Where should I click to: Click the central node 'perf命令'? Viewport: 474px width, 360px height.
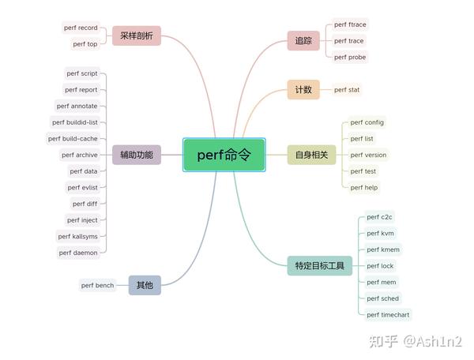[224, 156]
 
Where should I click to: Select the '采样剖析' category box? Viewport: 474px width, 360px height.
[137, 36]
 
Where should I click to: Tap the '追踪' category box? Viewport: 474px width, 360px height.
[303, 41]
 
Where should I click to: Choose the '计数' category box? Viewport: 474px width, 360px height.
[303, 90]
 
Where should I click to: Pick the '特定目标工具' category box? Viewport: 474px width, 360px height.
[319, 266]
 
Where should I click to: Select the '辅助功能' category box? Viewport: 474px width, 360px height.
[137, 155]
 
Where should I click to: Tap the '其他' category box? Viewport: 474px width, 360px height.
[145, 285]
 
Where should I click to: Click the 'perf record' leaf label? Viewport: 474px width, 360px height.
[81, 28]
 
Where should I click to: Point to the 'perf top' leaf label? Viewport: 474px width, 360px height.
[85, 44]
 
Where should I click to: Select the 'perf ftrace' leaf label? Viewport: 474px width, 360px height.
[350, 24]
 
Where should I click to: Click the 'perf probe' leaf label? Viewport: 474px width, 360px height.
[350, 57]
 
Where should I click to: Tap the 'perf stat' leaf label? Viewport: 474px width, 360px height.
[347, 90]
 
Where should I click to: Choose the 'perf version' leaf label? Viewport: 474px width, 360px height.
[368, 155]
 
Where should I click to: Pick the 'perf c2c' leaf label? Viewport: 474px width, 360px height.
[380, 217]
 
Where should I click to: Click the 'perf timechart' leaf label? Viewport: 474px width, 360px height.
[388, 314]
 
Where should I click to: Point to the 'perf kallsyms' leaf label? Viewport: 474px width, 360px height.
[77, 236]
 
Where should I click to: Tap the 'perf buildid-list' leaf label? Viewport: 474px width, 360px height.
[75, 122]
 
